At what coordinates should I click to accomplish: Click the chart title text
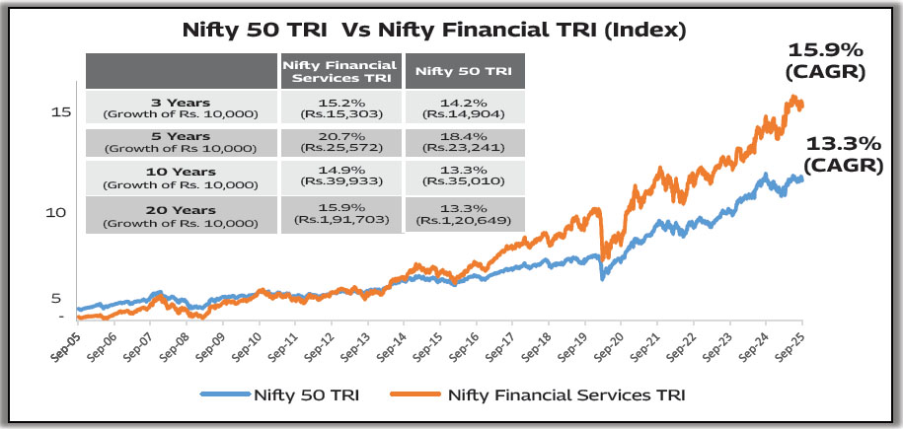point(434,30)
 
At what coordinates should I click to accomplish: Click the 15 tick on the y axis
point(62,112)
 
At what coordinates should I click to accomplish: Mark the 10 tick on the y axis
point(62,211)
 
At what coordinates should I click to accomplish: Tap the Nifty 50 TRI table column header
point(464,71)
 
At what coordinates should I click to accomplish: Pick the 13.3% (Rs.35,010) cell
point(464,179)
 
